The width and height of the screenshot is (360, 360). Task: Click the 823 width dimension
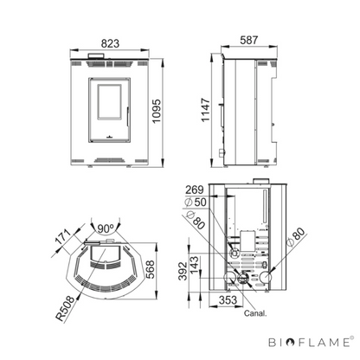(110, 43)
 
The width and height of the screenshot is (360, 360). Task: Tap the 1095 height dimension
(157, 112)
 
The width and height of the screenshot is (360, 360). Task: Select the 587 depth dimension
(249, 40)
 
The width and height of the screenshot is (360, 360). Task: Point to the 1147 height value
(206, 110)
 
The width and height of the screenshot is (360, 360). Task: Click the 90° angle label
(105, 228)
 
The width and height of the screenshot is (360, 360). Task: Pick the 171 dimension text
(63, 237)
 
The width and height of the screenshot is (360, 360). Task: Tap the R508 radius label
(65, 309)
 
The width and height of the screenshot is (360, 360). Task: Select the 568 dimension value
(150, 269)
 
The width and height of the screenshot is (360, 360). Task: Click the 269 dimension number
(195, 190)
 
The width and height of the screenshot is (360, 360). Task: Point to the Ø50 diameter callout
(196, 202)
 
